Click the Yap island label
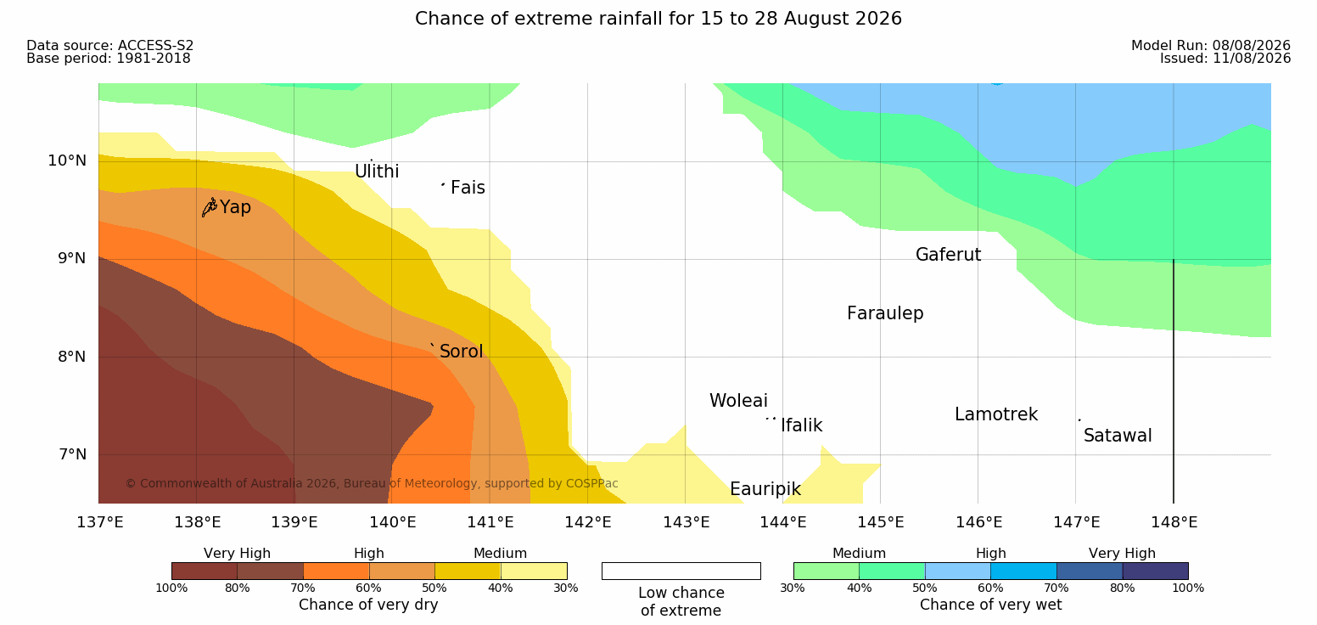click(x=235, y=208)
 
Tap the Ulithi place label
click(x=377, y=172)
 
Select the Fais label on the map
click(x=468, y=188)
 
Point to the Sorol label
click(x=461, y=352)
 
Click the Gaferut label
click(x=949, y=255)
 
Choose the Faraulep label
click(x=885, y=313)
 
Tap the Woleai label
click(x=738, y=401)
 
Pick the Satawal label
click(x=1118, y=436)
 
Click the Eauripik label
click(x=765, y=489)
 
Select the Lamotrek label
click(x=996, y=414)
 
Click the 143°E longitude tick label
click(x=687, y=522)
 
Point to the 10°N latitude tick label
click(x=67, y=160)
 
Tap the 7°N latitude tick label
click(x=72, y=454)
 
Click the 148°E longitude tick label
click(x=1174, y=522)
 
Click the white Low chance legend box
click(x=681, y=571)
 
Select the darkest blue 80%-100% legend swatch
click(x=1155, y=571)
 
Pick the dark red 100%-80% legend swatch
click(x=205, y=571)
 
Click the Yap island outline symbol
click(x=210, y=208)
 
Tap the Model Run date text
click(x=1211, y=46)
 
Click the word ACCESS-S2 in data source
click(x=156, y=46)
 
